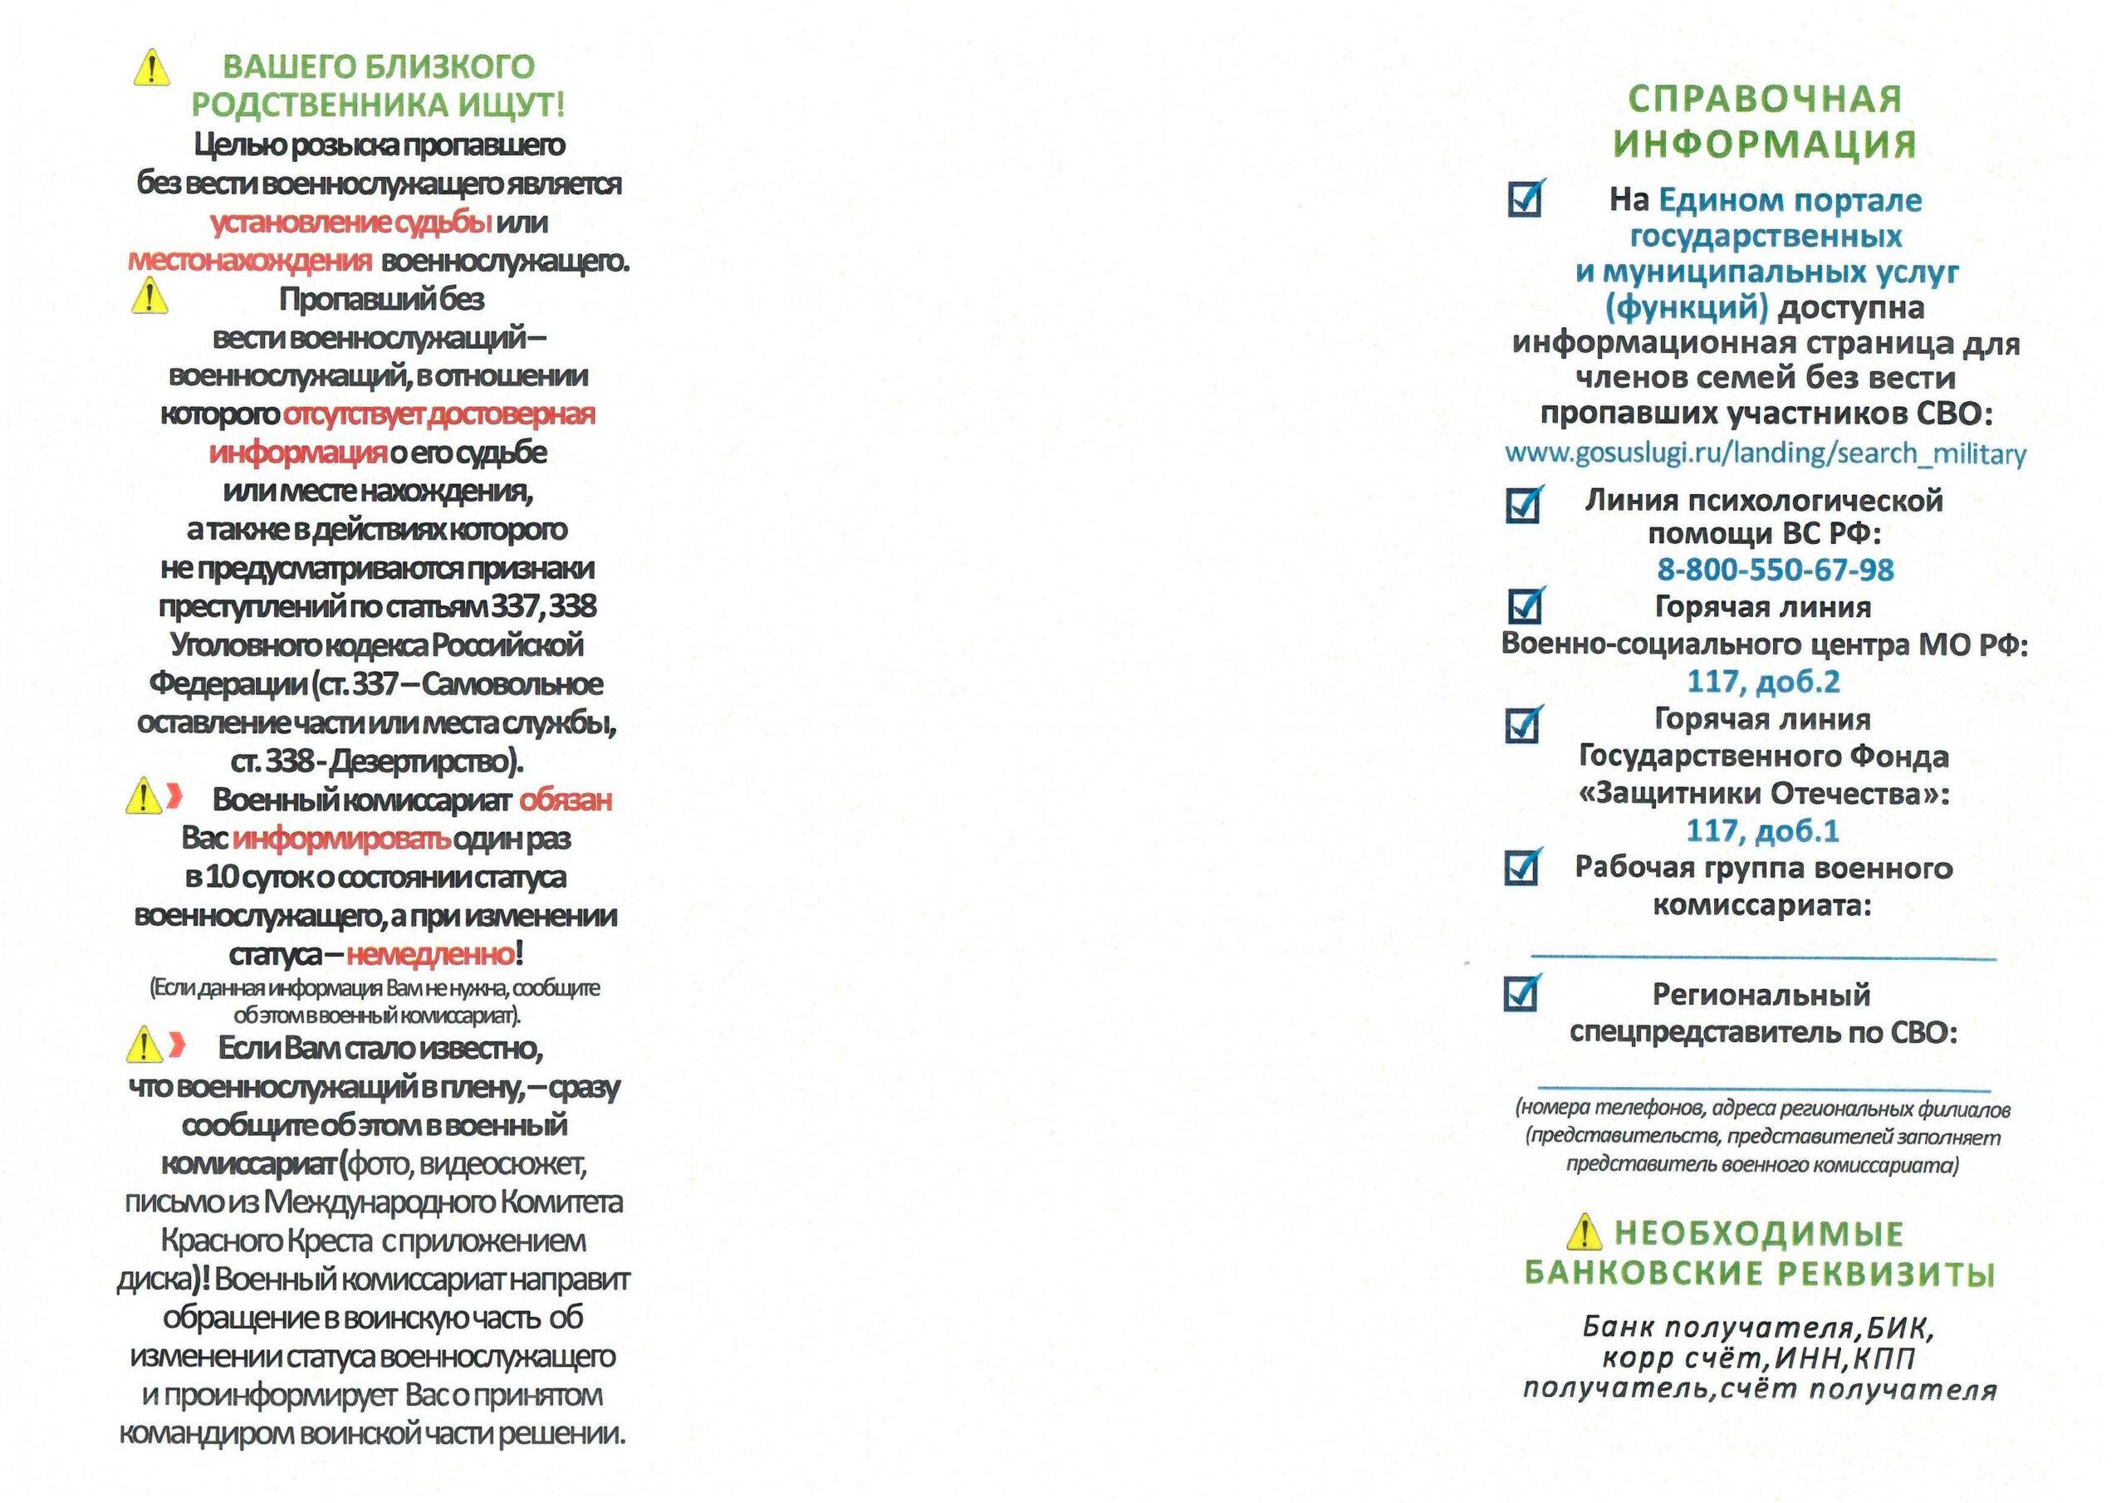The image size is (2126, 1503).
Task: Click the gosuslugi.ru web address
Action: point(1765,453)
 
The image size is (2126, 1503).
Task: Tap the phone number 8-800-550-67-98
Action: point(1775,570)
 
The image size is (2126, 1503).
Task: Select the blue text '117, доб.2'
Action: point(1763,682)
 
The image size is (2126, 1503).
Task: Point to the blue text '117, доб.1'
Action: point(1763,830)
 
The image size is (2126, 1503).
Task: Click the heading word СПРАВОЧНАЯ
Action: point(1765,99)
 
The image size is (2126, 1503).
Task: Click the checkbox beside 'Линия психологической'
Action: point(1523,505)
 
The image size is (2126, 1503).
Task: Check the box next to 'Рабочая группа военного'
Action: point(1522,868)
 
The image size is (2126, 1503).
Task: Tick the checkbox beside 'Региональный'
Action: point(1522,993)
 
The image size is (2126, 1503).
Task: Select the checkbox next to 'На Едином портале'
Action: point(1524,198)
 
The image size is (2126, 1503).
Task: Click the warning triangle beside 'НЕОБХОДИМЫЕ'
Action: point(1585,1232)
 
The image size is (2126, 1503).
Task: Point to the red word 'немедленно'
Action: point(430,954)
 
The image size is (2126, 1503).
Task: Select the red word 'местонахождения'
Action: point(250,261)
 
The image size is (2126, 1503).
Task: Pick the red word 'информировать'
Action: point(341,839)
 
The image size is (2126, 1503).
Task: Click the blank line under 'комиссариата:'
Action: point(1763,955)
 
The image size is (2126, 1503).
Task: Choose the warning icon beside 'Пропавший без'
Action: point(149,297)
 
